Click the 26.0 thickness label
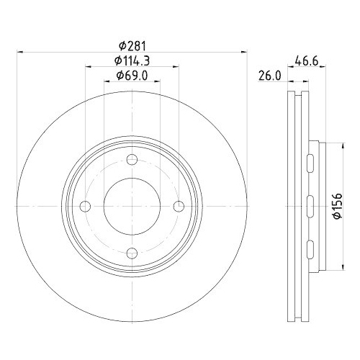[270, 74]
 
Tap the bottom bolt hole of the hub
[131, 253]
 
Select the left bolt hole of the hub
[85, 206]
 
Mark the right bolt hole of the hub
[177, 206]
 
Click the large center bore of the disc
[131, 206]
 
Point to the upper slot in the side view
[310, 161]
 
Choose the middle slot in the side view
[310, 206]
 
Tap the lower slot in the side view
[310, 251]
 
